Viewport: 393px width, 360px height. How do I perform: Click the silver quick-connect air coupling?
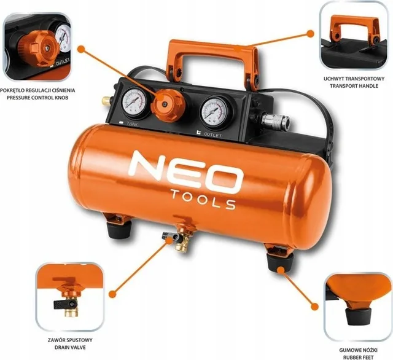[275, 120]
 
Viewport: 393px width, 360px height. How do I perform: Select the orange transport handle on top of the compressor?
[213, 63]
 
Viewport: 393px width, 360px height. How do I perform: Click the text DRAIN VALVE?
[70, 348]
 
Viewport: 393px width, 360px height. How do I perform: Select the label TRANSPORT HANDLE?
[354, 86]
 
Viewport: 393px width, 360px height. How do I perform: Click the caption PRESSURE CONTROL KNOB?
[37, 98]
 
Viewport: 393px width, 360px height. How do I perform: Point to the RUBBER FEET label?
[359, 358]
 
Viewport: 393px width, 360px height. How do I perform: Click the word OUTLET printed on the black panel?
[213, 135]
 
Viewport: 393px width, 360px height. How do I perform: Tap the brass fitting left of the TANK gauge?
[106, 101]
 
